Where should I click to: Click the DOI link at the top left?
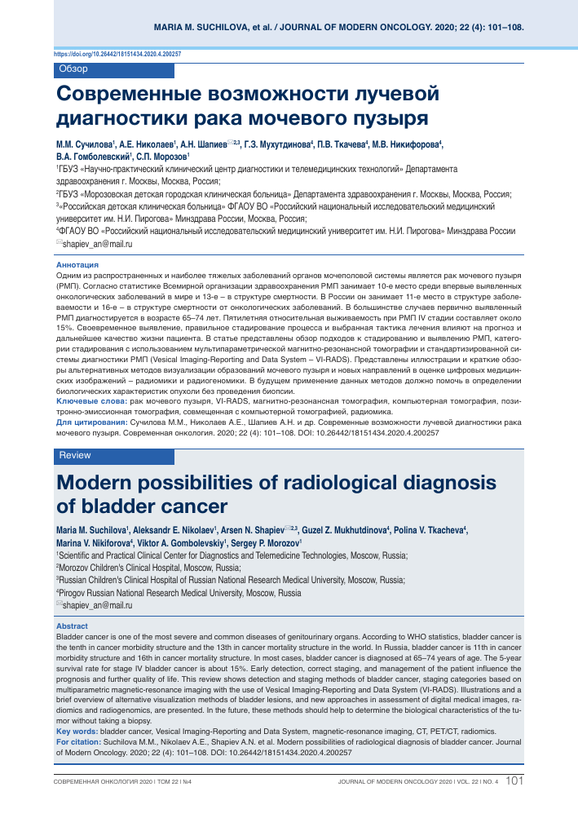(117, 54)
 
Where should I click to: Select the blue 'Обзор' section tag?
(74, 69)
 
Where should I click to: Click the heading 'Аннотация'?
(77, 265)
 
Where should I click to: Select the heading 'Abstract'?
(72, 626)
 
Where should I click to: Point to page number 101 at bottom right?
(514, 781)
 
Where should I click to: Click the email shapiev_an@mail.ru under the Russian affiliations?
(97, 244)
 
